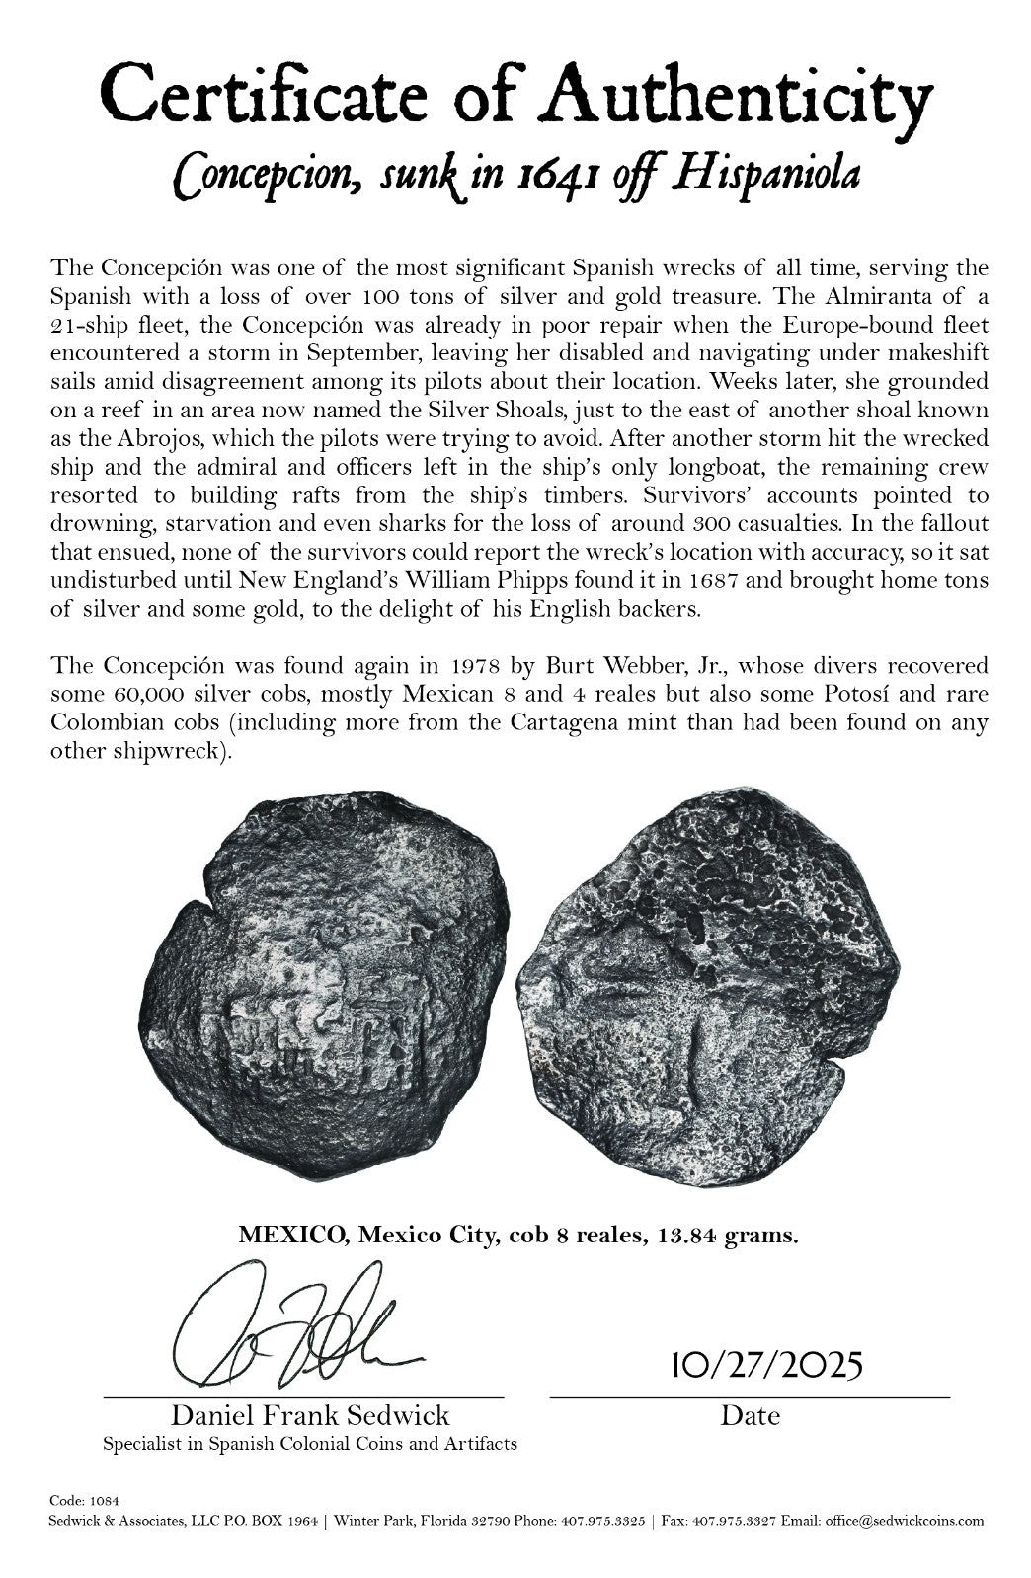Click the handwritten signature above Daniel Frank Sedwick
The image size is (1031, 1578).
click(x=296, y=1327)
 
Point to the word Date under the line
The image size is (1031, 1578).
click(x=750, y=1415)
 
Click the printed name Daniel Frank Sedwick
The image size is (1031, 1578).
click(x=310, y=1415)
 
